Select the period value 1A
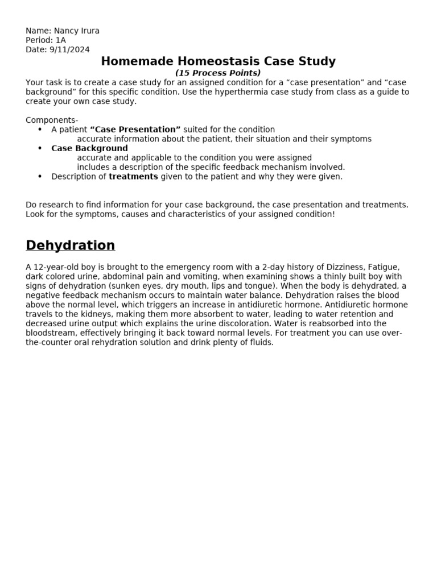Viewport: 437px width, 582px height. coord(61,40)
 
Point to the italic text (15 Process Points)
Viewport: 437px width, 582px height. coord(217,73)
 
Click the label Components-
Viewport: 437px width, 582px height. coord(52,120)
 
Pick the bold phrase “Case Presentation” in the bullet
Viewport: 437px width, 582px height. coord(135,130)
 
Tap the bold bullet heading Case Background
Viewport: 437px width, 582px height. coord(89,148)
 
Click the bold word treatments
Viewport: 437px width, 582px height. coord(133,176)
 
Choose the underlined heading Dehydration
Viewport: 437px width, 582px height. coord(70,246)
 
